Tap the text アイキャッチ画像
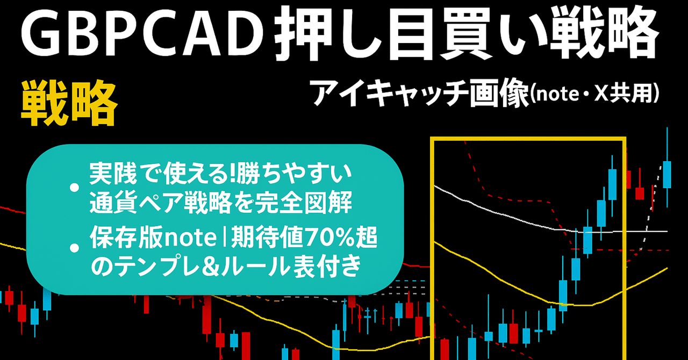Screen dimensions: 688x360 tap(420, 93)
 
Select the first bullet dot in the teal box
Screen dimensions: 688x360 tap(75, 188)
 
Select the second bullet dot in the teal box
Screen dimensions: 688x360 tap(75, 248)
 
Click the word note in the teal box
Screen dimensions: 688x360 tap(190, 238)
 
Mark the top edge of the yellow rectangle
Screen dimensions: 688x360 tap(528, 139)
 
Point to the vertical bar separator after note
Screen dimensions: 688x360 tap(224, 238)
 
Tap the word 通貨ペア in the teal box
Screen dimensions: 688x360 tap(135, 202)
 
